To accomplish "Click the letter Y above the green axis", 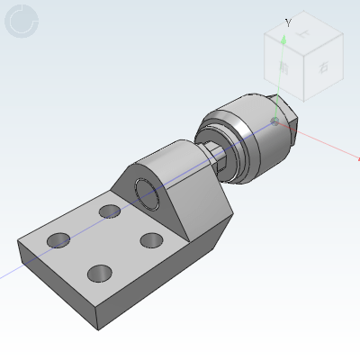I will click(287, 23).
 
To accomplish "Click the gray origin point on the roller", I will click(275, 119).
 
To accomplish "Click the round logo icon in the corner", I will click(22, 22).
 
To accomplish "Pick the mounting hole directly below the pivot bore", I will click(152, 241).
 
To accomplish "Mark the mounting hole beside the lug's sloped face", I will click(111, 211).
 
